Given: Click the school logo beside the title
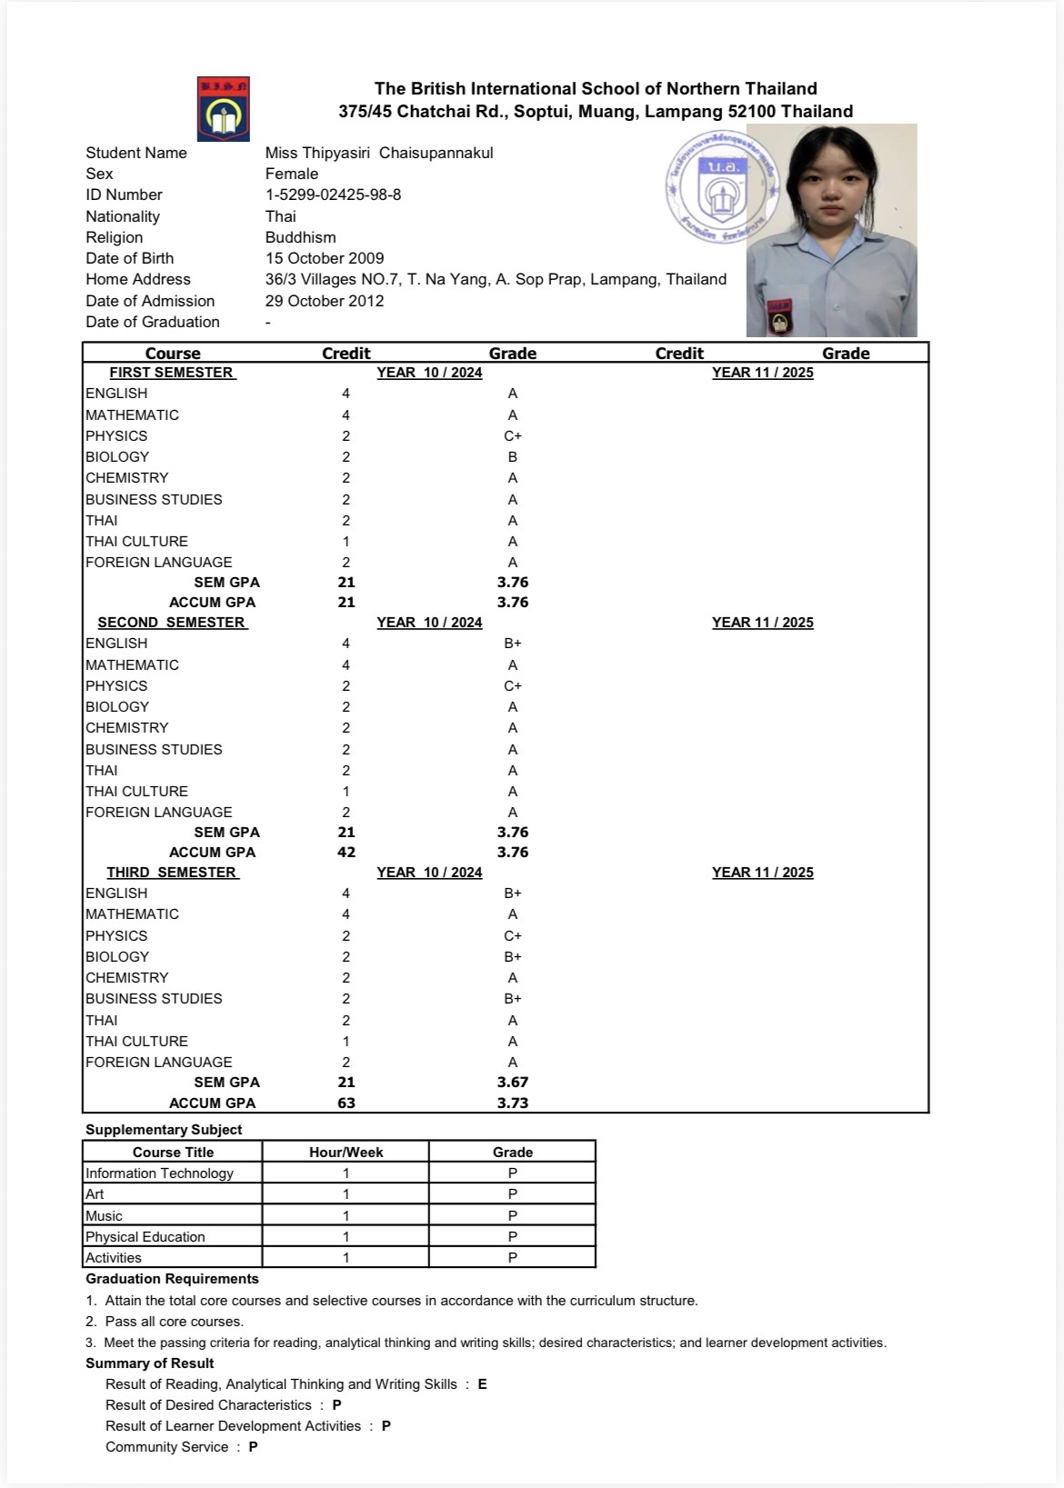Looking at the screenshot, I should [x=223, y=109].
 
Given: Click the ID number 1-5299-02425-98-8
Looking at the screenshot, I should [x=333, y=195].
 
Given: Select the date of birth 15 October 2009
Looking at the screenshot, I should [x=325, y=258].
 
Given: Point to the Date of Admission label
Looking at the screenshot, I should [x=150, y=301].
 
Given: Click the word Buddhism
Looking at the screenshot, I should [x=300, y=237].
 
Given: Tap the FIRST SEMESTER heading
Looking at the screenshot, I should [x=172, y=373].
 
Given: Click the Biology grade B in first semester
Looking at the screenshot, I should [x=513, y=457].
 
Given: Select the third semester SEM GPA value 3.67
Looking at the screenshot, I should [x=513, y=1083].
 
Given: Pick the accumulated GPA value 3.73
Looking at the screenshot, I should [x=513, y=1104].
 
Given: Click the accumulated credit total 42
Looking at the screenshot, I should [x=346, y=853].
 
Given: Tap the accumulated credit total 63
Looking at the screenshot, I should [x=346, y=1104].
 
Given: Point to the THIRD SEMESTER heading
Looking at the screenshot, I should [x=172, y=873].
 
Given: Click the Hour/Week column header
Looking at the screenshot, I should [x=346, y=1153].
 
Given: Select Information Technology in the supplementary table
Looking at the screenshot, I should [x=159, y=1173].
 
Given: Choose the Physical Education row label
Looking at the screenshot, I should [x=146, y=1237].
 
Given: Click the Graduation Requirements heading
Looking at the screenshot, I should [x=172, y=1279].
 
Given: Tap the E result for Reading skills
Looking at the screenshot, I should [x=482, y=1384].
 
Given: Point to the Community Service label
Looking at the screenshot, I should [x=166, y=1447].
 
